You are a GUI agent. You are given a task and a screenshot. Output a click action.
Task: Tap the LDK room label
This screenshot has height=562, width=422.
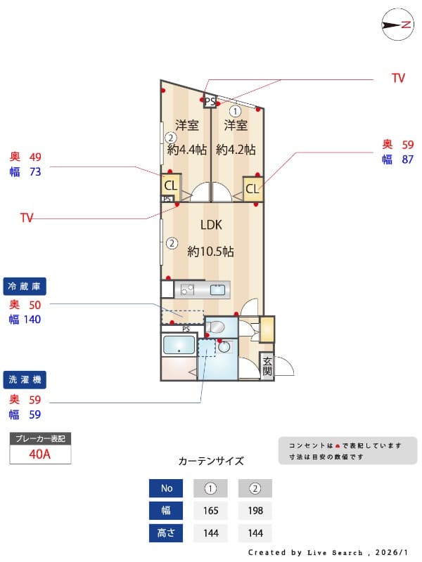coord(211,226)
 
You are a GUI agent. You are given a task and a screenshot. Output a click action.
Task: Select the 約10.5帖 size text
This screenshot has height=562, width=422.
coord(211,251)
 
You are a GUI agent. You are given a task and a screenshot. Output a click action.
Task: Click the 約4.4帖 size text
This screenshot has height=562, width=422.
coord(187,150)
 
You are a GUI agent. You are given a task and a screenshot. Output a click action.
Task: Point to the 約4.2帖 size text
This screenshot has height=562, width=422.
coord(236,150)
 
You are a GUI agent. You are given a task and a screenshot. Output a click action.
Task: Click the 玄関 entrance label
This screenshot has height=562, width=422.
coord(267,366)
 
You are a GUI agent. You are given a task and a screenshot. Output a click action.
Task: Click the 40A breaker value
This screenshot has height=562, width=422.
coord(40,454)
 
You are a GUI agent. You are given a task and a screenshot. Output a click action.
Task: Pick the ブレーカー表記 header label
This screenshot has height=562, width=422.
coord(40,438)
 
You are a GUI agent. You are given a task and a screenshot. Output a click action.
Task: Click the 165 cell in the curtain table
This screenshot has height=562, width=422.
coord(210,511)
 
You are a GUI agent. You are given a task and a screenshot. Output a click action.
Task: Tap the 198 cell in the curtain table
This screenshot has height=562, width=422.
coord(255,511)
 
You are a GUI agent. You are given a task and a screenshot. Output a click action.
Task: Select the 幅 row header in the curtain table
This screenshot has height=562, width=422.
coord(166,511)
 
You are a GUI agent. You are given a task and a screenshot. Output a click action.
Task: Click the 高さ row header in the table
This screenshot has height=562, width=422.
coord(166,533)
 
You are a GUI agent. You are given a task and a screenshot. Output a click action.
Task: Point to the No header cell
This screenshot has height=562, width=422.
coord(166,488)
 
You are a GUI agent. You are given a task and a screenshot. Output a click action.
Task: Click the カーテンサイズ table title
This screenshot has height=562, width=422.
coord(211,462)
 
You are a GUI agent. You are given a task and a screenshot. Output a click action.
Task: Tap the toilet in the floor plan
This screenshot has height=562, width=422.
coord(218,327)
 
